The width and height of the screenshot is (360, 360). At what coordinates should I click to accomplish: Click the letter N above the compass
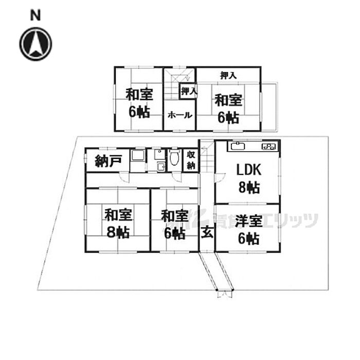(x=35, y=15)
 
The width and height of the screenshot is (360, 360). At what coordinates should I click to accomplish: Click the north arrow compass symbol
(x=35, y=44)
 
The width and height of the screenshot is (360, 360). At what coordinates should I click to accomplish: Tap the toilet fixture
(x=174, y=157)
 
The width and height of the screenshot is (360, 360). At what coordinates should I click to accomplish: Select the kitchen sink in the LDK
(x=238, y=146)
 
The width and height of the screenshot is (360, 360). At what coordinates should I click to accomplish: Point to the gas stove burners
(x=268, y=147)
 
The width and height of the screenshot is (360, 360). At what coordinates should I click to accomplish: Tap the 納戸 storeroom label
(x=109, y=160)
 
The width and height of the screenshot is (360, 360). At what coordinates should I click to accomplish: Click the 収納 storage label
(x=191, y=160)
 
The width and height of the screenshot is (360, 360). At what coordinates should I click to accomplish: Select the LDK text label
(x=248, y=170)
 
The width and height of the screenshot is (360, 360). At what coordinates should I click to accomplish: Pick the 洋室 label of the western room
(x=249, y=221)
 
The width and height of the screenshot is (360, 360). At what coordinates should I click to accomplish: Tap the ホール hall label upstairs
(x=180, y=115)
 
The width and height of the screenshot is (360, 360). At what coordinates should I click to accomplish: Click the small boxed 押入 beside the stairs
(x=189, y=91)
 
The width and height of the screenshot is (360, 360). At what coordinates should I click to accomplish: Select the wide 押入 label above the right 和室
(x=228, y=75)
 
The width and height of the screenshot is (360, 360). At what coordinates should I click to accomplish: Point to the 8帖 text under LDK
(x=249, y=187)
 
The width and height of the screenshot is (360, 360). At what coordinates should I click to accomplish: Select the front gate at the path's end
(x=225, y=293)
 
